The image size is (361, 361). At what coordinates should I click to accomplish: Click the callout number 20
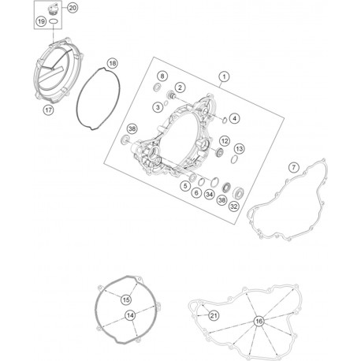pos(73,8)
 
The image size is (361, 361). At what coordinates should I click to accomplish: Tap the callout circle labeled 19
pos(41,21)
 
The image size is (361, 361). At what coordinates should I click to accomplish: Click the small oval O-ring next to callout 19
pos(54,21)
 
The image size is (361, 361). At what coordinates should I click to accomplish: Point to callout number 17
pos(48,110)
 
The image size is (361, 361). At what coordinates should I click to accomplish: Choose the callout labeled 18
pos(113,63)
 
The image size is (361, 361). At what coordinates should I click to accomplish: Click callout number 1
pos(224,76)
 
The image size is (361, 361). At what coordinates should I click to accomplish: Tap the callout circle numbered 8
pos(162,76)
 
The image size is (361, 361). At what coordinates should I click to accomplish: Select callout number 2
pos(180,87)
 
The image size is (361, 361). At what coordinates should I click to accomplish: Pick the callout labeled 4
pos(234,118)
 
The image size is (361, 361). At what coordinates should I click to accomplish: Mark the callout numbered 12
pos(225,141)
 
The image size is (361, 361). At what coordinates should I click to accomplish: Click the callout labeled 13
pos(240,149)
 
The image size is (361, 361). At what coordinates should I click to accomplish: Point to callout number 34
pos(210,195)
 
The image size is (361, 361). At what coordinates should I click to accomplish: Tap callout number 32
pos(234,207)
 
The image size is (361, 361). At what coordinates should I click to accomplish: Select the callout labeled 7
pos(293,167)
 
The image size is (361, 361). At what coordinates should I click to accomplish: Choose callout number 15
pos(126,300)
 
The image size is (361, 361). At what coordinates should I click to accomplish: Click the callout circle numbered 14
pos(131,315)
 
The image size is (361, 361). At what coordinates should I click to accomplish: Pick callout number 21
pos(214,315)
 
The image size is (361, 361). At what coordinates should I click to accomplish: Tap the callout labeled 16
pos(259,321)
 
